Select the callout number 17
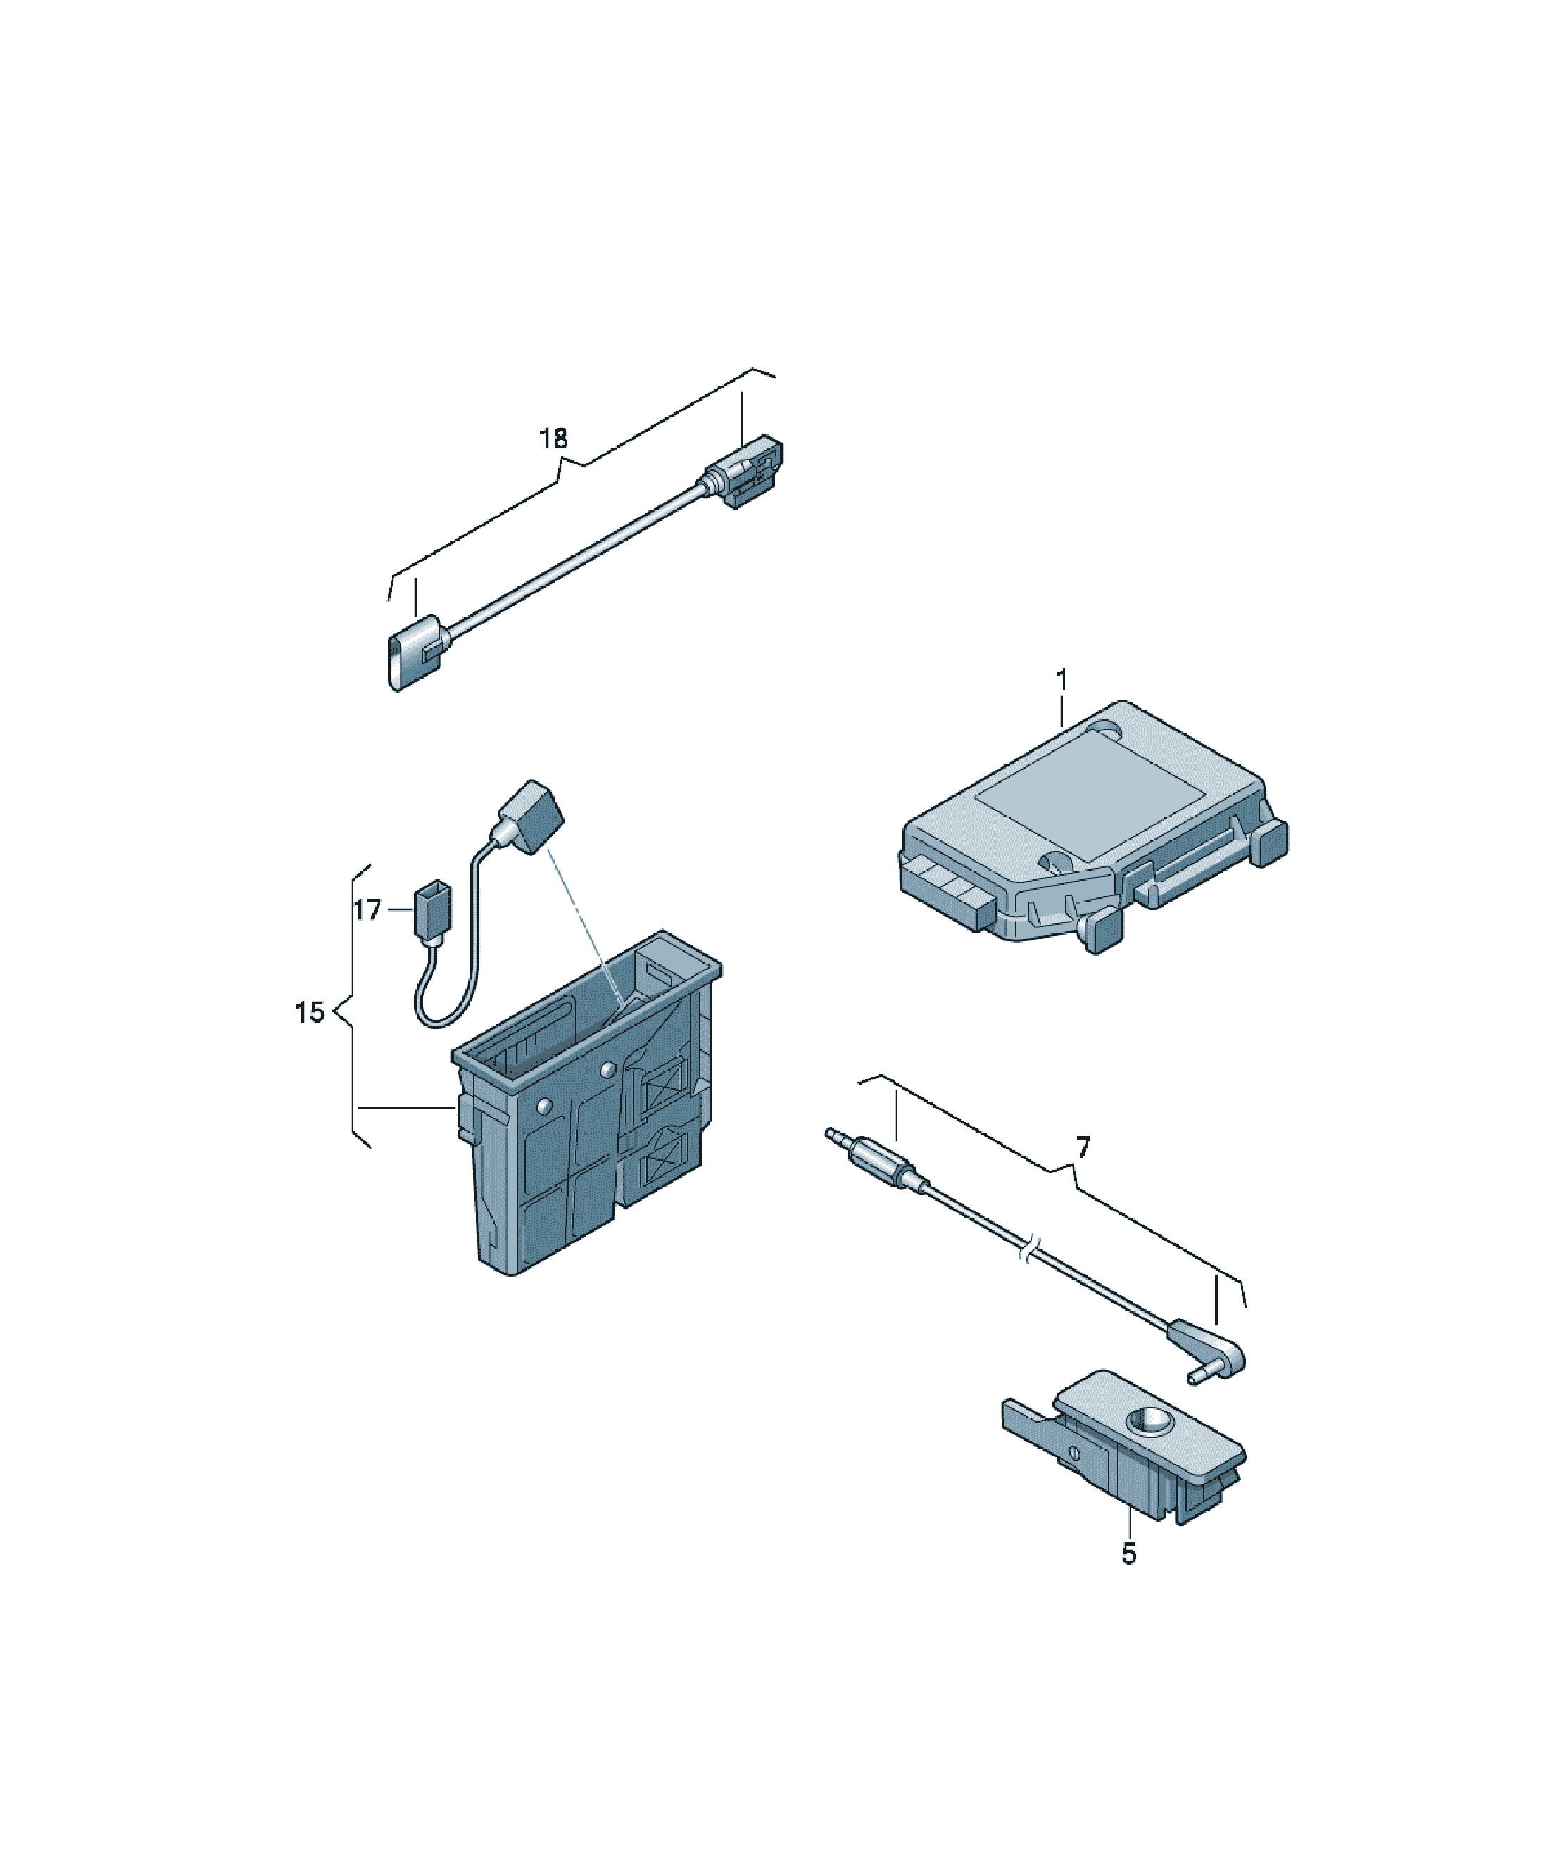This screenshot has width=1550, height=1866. pyautogui.click(x=367, y=910)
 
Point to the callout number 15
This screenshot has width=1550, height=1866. pyautogui.click(x=309, y=1012)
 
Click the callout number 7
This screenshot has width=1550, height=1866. pyautogui.click(x=1082, y=1148)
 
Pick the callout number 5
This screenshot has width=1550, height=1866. pyautogui.click(x=1129, y=1554)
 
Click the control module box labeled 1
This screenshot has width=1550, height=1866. pyautogui.click(x=1094, y=826)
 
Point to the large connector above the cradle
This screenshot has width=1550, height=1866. pyautogui.click(x=527, y=817)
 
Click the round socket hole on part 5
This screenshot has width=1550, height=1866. pyautogui.click(x=1150, y=1423)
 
